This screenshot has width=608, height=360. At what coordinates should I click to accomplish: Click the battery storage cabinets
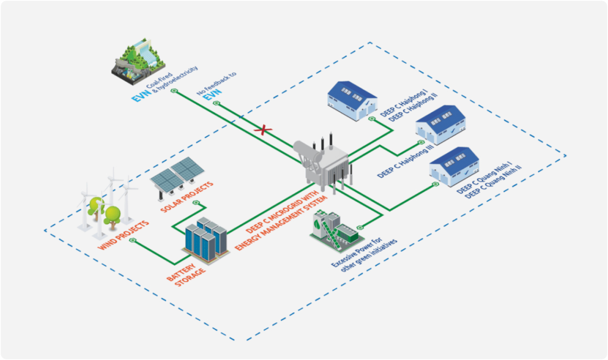[x=205, y=239]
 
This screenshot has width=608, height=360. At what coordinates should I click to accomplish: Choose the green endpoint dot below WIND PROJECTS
[x=132, y=241]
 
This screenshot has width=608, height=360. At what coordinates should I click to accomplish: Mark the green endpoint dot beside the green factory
[x=360, y=227]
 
